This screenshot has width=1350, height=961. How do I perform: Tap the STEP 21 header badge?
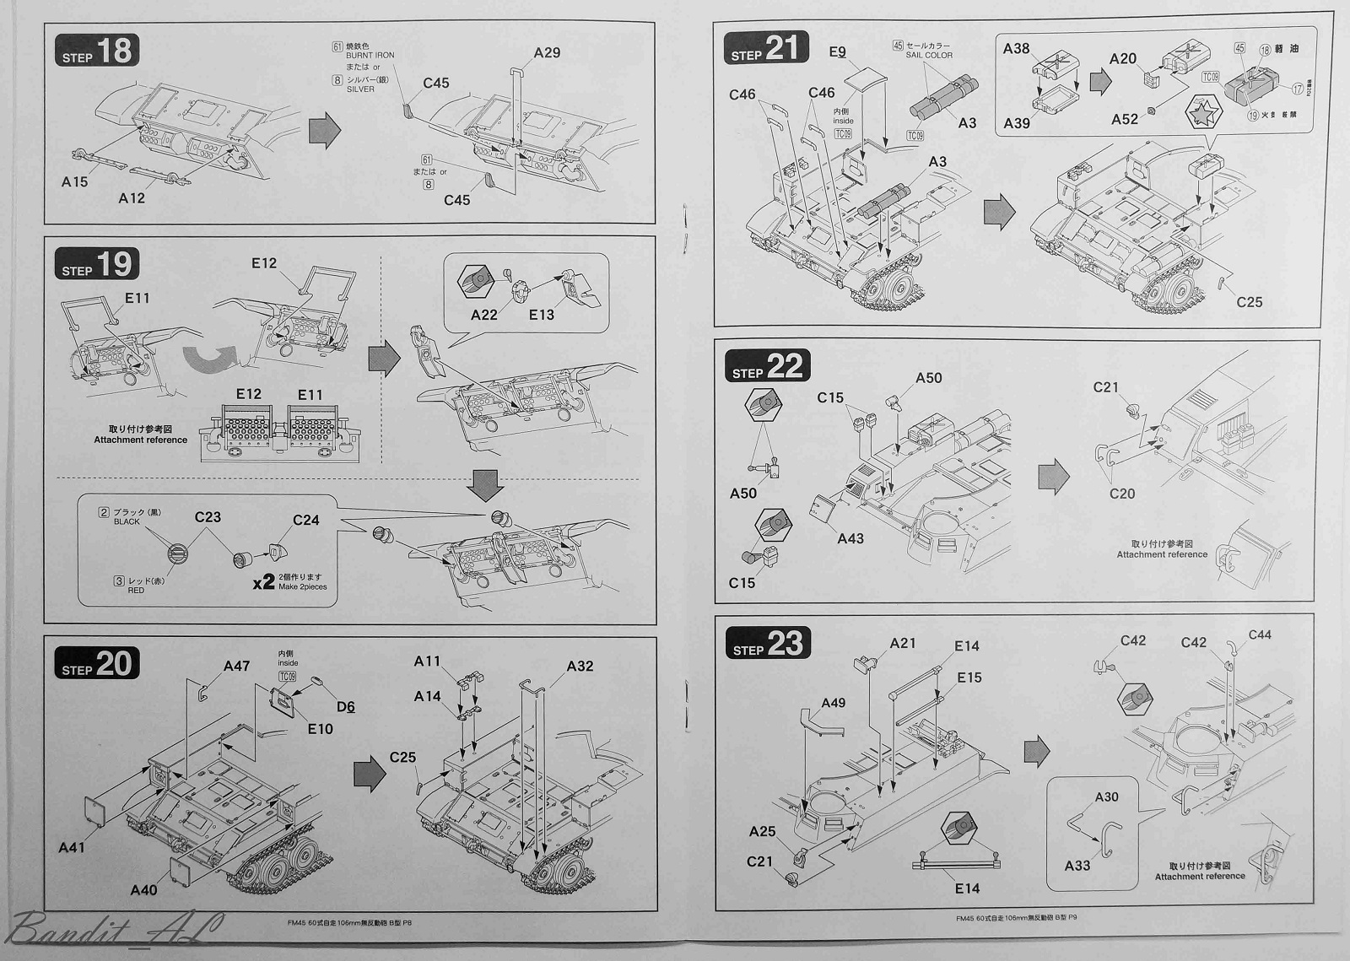tap(765, 48)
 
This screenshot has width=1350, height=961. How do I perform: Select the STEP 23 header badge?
tap(767, 644)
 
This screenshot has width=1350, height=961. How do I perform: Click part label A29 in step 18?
tap(547, 53)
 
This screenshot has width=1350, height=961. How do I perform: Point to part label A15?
tap(74, 181)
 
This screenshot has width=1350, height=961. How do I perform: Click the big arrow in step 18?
tap(325, 131)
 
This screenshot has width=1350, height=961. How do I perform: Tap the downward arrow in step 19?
tap(485, 483)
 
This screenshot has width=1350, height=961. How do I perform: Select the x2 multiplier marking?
tap(263, 581)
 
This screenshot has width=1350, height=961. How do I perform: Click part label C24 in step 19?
tap(305, 521)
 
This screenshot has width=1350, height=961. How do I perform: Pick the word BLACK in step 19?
tap(127, 521)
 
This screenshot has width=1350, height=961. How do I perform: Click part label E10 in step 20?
tap(320, 729)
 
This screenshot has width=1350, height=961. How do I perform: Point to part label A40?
tap(143, 890)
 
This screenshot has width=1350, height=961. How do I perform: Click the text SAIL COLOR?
tap(929, 56)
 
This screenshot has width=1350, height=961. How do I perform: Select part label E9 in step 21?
tap(837, 52)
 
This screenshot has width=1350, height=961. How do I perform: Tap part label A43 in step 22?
tap(850, 538)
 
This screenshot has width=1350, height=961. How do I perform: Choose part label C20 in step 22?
tap(1122, 494)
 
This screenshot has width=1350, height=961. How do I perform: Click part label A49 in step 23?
tap(833, 703)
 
